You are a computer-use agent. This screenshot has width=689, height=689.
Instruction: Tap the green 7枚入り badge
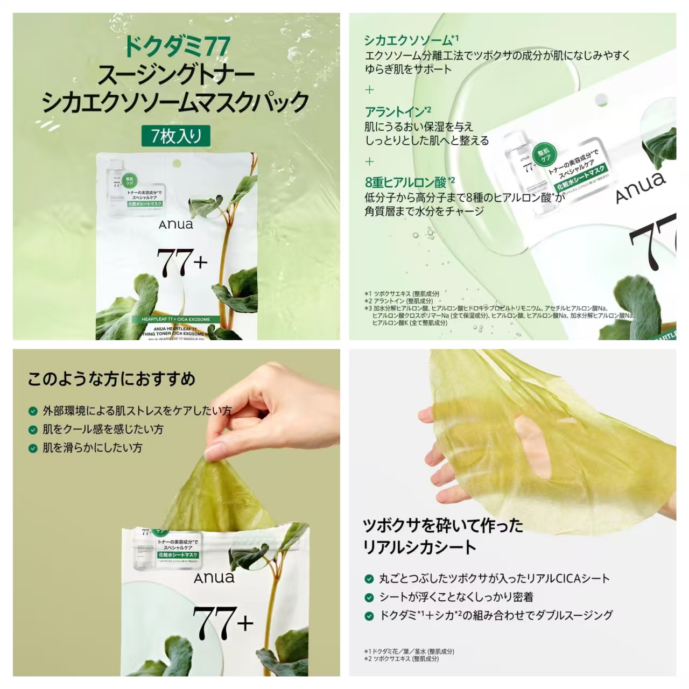coord(176,136)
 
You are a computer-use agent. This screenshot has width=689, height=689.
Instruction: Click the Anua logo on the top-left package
coord(175,224)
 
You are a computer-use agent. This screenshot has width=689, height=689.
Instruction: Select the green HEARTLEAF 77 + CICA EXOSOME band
coord(176,319)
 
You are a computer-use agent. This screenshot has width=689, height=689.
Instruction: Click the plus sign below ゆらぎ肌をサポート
coord(369,90)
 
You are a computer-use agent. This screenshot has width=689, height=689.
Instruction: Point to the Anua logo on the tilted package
coord(640,186)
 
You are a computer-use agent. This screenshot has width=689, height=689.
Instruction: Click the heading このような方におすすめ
coord(111,379)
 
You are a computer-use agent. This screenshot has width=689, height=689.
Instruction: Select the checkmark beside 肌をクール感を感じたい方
coord(33,430)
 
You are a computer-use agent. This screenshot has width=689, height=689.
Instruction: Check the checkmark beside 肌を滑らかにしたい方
coord(33,448)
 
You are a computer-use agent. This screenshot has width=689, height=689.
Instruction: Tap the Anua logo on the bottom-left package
coord(214,578)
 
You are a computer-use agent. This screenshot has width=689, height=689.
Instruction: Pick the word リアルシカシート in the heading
coord(420,547)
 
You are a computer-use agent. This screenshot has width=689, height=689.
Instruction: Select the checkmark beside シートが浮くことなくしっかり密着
coord(369,597)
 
